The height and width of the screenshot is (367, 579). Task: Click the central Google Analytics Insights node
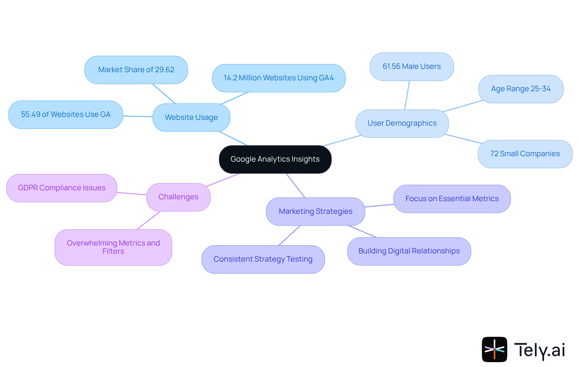[x=275, y=159]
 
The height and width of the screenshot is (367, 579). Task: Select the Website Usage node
[x=191, y=118]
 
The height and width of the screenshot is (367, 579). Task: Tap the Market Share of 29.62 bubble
[x=136, y=70]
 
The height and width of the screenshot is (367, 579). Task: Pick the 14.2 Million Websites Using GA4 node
[x=279, y=78]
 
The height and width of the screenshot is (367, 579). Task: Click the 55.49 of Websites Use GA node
[x=65, y=114]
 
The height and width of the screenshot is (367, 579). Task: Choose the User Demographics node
[x=402, y=123]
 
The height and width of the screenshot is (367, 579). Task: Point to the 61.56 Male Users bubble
[x=412, y=66]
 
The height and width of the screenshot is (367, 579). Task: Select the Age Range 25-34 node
[x=521, y=89]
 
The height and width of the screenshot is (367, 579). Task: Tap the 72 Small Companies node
[x=525, y=154]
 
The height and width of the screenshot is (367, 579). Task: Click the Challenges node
[x=178, y=197]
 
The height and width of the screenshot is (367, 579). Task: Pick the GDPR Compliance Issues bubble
[x=62, y=188]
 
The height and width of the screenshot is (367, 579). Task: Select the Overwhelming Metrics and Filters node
[x=113, y=247]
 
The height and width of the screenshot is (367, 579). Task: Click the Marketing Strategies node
[x=315, y=211]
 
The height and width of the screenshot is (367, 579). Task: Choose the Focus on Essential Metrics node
[x=452, y=199]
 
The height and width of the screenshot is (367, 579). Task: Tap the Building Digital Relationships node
[x=409, y=251]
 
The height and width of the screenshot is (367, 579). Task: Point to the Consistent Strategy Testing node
[x=263, y=259]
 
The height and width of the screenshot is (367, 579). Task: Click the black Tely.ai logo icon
[x=494, y=349]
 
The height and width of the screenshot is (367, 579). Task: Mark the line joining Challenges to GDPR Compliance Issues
[x=132, y=194]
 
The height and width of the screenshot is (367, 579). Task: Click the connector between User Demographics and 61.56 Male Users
[x=407, y=95]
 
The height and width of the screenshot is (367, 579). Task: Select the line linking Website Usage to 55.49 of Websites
[x=138, y=116]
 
